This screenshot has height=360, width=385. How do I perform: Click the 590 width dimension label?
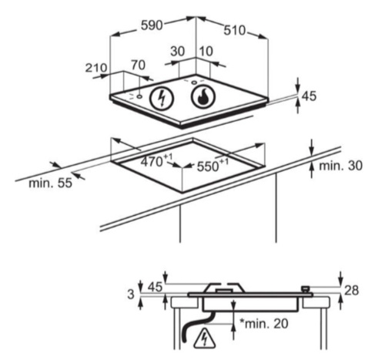pyautogui.click(x=152, y=25)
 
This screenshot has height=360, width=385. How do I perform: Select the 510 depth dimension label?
pyautogui.click(x=235, y=30)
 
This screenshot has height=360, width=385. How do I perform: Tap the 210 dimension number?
pyautogui.click(x=96, y=68)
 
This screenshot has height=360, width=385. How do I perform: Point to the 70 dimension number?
pyautogui.click(x=139, y=65)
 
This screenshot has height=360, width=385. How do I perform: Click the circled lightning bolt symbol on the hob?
pyautogui.click(x=162, y=99)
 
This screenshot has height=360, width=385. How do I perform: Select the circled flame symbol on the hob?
pyautogui.click(x=203, y=96)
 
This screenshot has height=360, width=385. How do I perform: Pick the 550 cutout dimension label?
pyautogui.click(x=213, y=165)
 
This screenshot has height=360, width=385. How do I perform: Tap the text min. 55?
pyautogui.click(x=50, y=183)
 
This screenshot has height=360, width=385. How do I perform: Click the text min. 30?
pyautogui.click(x=340, y=166)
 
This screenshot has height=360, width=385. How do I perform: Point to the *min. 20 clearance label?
pyautogui.click(x=264, y=324)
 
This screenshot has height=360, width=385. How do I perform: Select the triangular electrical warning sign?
pyautogui.click(x=205, y=338)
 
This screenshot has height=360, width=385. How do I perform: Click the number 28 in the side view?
pyautogui.click(x=351, y=291)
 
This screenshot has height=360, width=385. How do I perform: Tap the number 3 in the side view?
pyautogui.click(x=131, y=294)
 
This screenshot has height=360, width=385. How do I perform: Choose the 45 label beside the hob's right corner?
pyautogui.click(x=309, y=96)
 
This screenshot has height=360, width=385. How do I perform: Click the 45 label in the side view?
pyautogui.click(x=155, y=287)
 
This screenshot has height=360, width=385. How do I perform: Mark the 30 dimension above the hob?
pyautogui.click(x=178, y=52)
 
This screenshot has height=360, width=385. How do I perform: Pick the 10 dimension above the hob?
pyautogui.click(x=206, y=52)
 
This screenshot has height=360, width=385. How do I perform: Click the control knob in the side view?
pyautogui.click(x=306, y=289)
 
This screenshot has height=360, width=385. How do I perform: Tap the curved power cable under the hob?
pyautogui.click(x=195, y=325)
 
